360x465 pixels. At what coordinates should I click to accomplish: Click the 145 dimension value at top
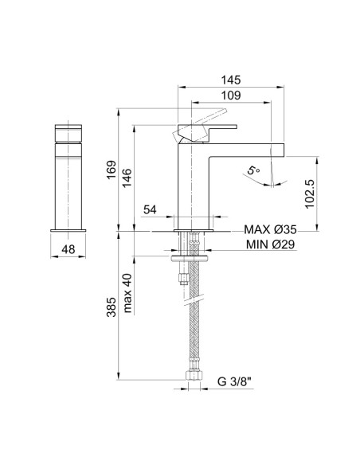tap(232, 79)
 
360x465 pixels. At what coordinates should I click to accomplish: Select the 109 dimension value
tap(232, 95)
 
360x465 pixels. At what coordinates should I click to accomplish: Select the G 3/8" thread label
tap(237, 381)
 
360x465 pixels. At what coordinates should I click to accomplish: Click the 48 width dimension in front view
tap(70, 250)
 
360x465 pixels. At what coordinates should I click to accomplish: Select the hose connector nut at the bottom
tap(193, 371)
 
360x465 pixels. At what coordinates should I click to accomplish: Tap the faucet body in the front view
tap(70, 183)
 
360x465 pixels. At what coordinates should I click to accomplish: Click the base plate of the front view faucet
tap(70, 229)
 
